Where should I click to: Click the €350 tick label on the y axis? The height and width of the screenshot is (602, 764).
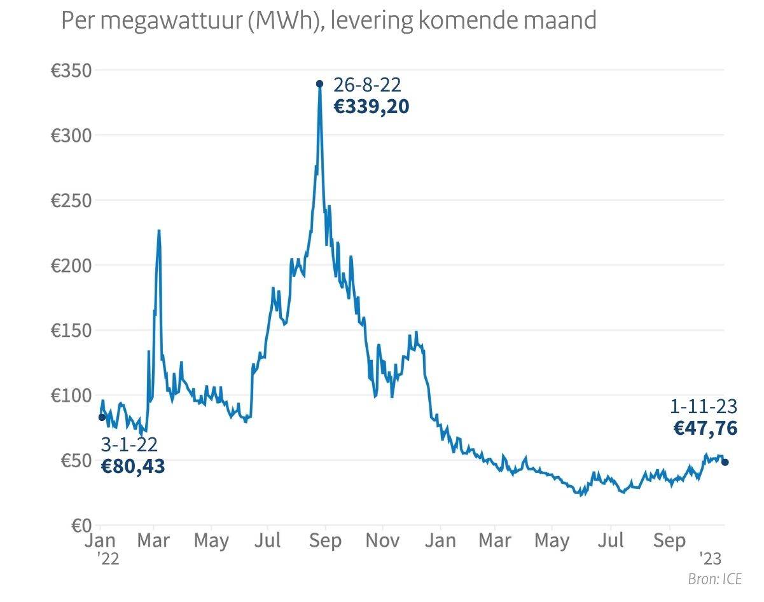(x=71, y=71)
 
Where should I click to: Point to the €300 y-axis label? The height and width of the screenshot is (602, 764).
(x=71, y=135)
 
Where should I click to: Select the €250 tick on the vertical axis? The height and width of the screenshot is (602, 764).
(x=71, y=200)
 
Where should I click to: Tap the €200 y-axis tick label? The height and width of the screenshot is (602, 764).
(x=71, y=265)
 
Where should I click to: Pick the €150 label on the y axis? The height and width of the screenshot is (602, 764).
(x=71, y=331)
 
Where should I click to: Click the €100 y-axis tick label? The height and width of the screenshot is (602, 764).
(x=71, y=395)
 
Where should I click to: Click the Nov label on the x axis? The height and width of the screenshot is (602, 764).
(x=383, y=541)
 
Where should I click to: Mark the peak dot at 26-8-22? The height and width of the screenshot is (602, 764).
(x=319, y=83)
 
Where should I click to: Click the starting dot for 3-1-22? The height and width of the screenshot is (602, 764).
(x=102, y=417)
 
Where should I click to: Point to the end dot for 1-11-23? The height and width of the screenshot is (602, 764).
(x=725, y=462)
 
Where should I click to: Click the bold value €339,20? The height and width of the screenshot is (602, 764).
(x=372, y=107)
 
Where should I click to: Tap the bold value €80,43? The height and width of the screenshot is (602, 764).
(x=133, y=467)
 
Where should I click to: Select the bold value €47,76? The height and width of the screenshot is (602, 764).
(x=705, y=428)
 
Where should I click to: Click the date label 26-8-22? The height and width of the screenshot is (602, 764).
(x=368, y=85)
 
